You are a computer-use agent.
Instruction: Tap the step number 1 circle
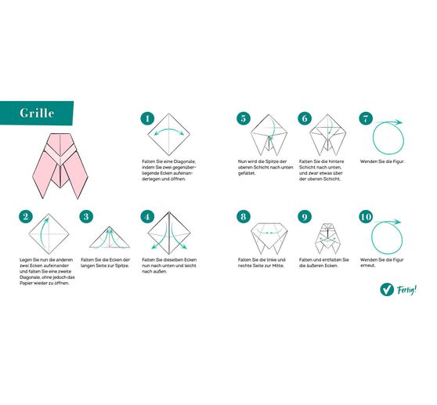click(x=146, y=119)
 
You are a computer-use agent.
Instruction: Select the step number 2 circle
click(x=26, y=217)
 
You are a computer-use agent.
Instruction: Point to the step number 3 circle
click(x=86, y=217)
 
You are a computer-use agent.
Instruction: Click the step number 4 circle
click(x=146, y=217)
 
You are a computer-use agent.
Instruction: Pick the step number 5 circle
click(x=244, y=119)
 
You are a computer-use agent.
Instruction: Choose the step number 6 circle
click(x=305, y=119)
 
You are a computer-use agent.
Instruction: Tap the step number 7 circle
click(x=365, y=119)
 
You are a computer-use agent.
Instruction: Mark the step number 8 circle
click(x=244, y=217)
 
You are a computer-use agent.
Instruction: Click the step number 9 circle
click(x=305, y=217)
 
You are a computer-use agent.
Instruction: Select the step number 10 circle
click(x=365, y=217)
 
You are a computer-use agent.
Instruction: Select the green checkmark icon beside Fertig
click(x=386, y=290)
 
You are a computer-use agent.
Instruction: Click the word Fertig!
click(x=406, y=289)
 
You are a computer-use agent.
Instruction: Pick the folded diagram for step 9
click(x=327, y=236)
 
